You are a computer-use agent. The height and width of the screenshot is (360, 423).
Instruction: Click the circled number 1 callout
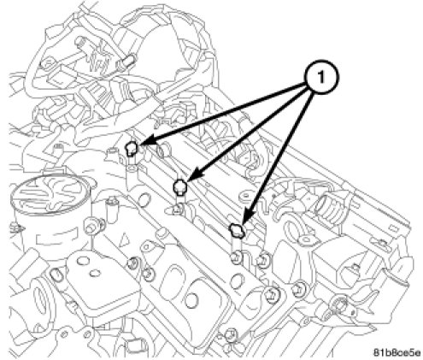tap(320, 76)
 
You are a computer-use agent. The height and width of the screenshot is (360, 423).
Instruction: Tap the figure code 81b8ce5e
tap(397, 352)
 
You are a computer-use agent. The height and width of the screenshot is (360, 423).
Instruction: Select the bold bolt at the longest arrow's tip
tap(132, 148)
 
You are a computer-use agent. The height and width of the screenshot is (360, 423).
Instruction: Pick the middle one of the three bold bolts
tap(180, 187)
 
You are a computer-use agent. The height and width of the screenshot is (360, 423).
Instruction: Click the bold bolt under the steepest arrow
tap(236, 230)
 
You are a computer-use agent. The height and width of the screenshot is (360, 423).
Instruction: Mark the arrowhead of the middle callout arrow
tap(194, 175)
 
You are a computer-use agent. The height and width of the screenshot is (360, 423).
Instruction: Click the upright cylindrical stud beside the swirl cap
tap(111, 210)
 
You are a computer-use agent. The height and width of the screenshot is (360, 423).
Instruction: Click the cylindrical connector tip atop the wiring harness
tap(129, 61)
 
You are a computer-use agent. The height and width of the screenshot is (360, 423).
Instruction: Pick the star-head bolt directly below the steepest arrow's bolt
tap(237, 258)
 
